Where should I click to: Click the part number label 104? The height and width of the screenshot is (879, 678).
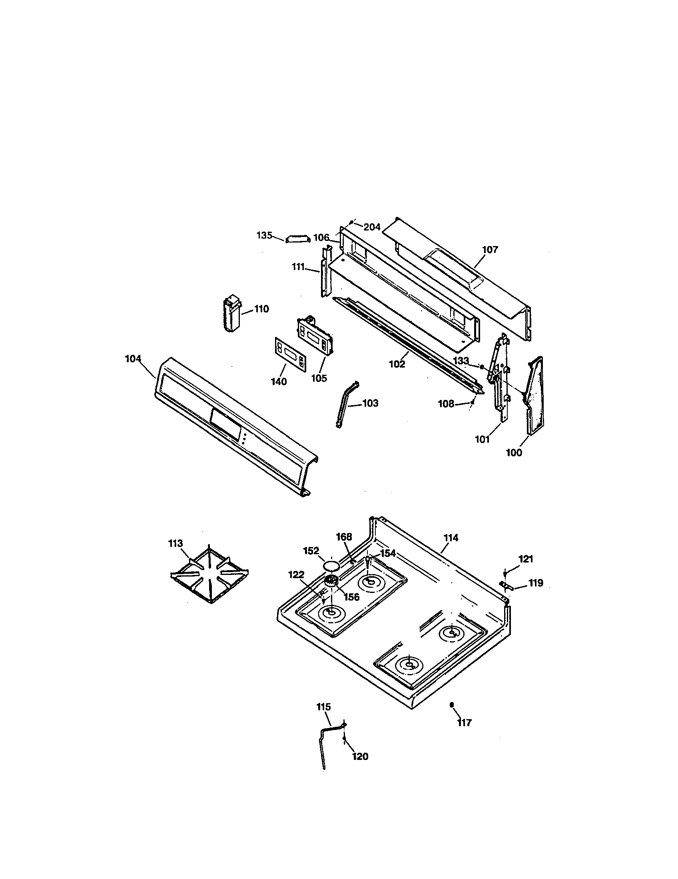tap(133, 358)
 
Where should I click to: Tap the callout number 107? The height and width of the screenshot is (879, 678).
tap(490, 250)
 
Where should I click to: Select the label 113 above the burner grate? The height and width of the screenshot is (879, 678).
tap(175, 543)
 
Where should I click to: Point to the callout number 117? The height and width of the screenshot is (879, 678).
tap(464, 723)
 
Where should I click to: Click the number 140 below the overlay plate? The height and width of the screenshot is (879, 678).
tap(279, 381)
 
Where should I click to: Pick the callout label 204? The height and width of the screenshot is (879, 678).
tap(372, 227)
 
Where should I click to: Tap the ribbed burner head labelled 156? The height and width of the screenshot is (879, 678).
tap(332, 581)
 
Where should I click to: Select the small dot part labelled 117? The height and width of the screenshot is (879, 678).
tap(452, 704)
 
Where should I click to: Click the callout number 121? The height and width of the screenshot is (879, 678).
tap(526, 559)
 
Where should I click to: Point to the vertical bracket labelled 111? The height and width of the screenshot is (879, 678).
tap(325, 272)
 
